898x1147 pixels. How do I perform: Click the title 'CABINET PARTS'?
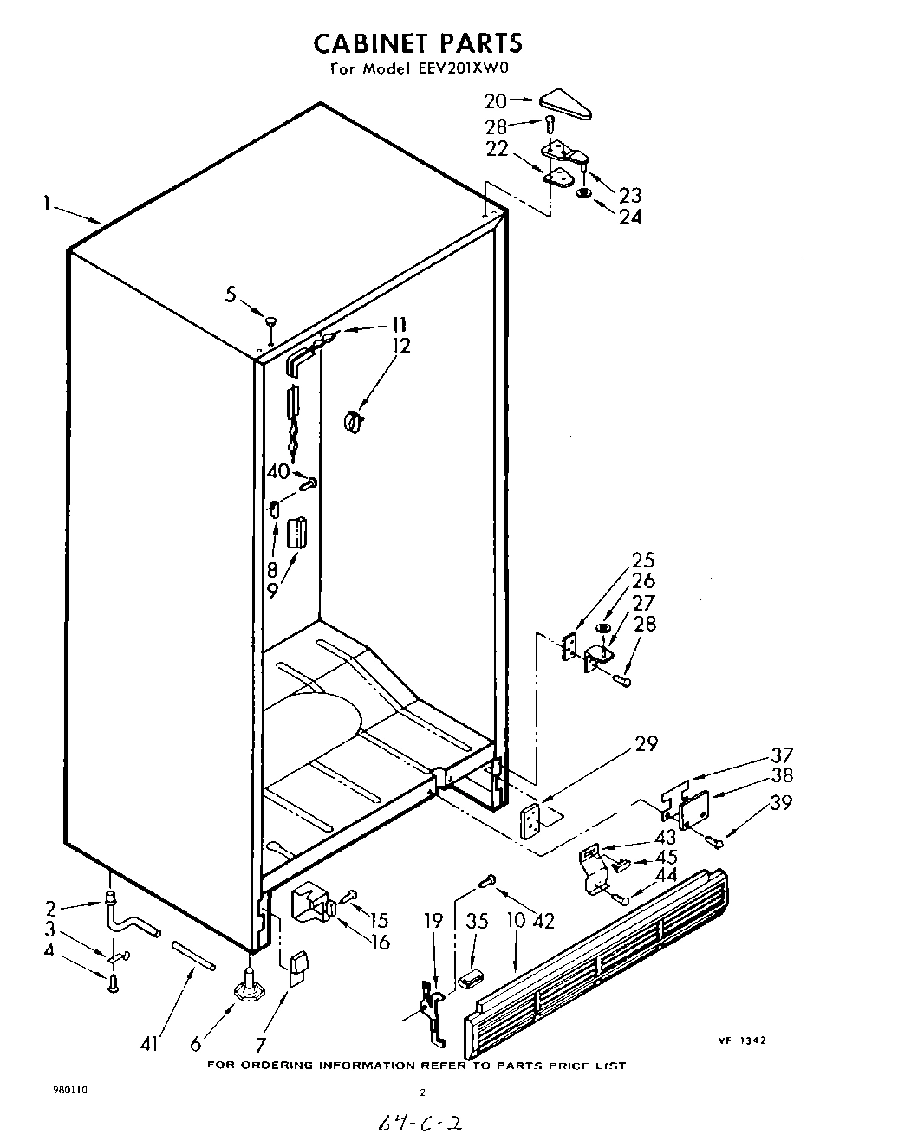417,42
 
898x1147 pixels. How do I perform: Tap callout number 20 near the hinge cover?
497,100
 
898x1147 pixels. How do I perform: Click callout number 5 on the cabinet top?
231,295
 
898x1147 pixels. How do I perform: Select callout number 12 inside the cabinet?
400,346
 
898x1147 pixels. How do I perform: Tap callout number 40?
277,472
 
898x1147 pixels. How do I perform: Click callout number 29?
646,743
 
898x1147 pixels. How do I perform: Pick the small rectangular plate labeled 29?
530,820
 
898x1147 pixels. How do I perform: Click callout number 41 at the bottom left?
151,1045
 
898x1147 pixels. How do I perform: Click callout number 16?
379,943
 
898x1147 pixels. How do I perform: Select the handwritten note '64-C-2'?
417,1124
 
